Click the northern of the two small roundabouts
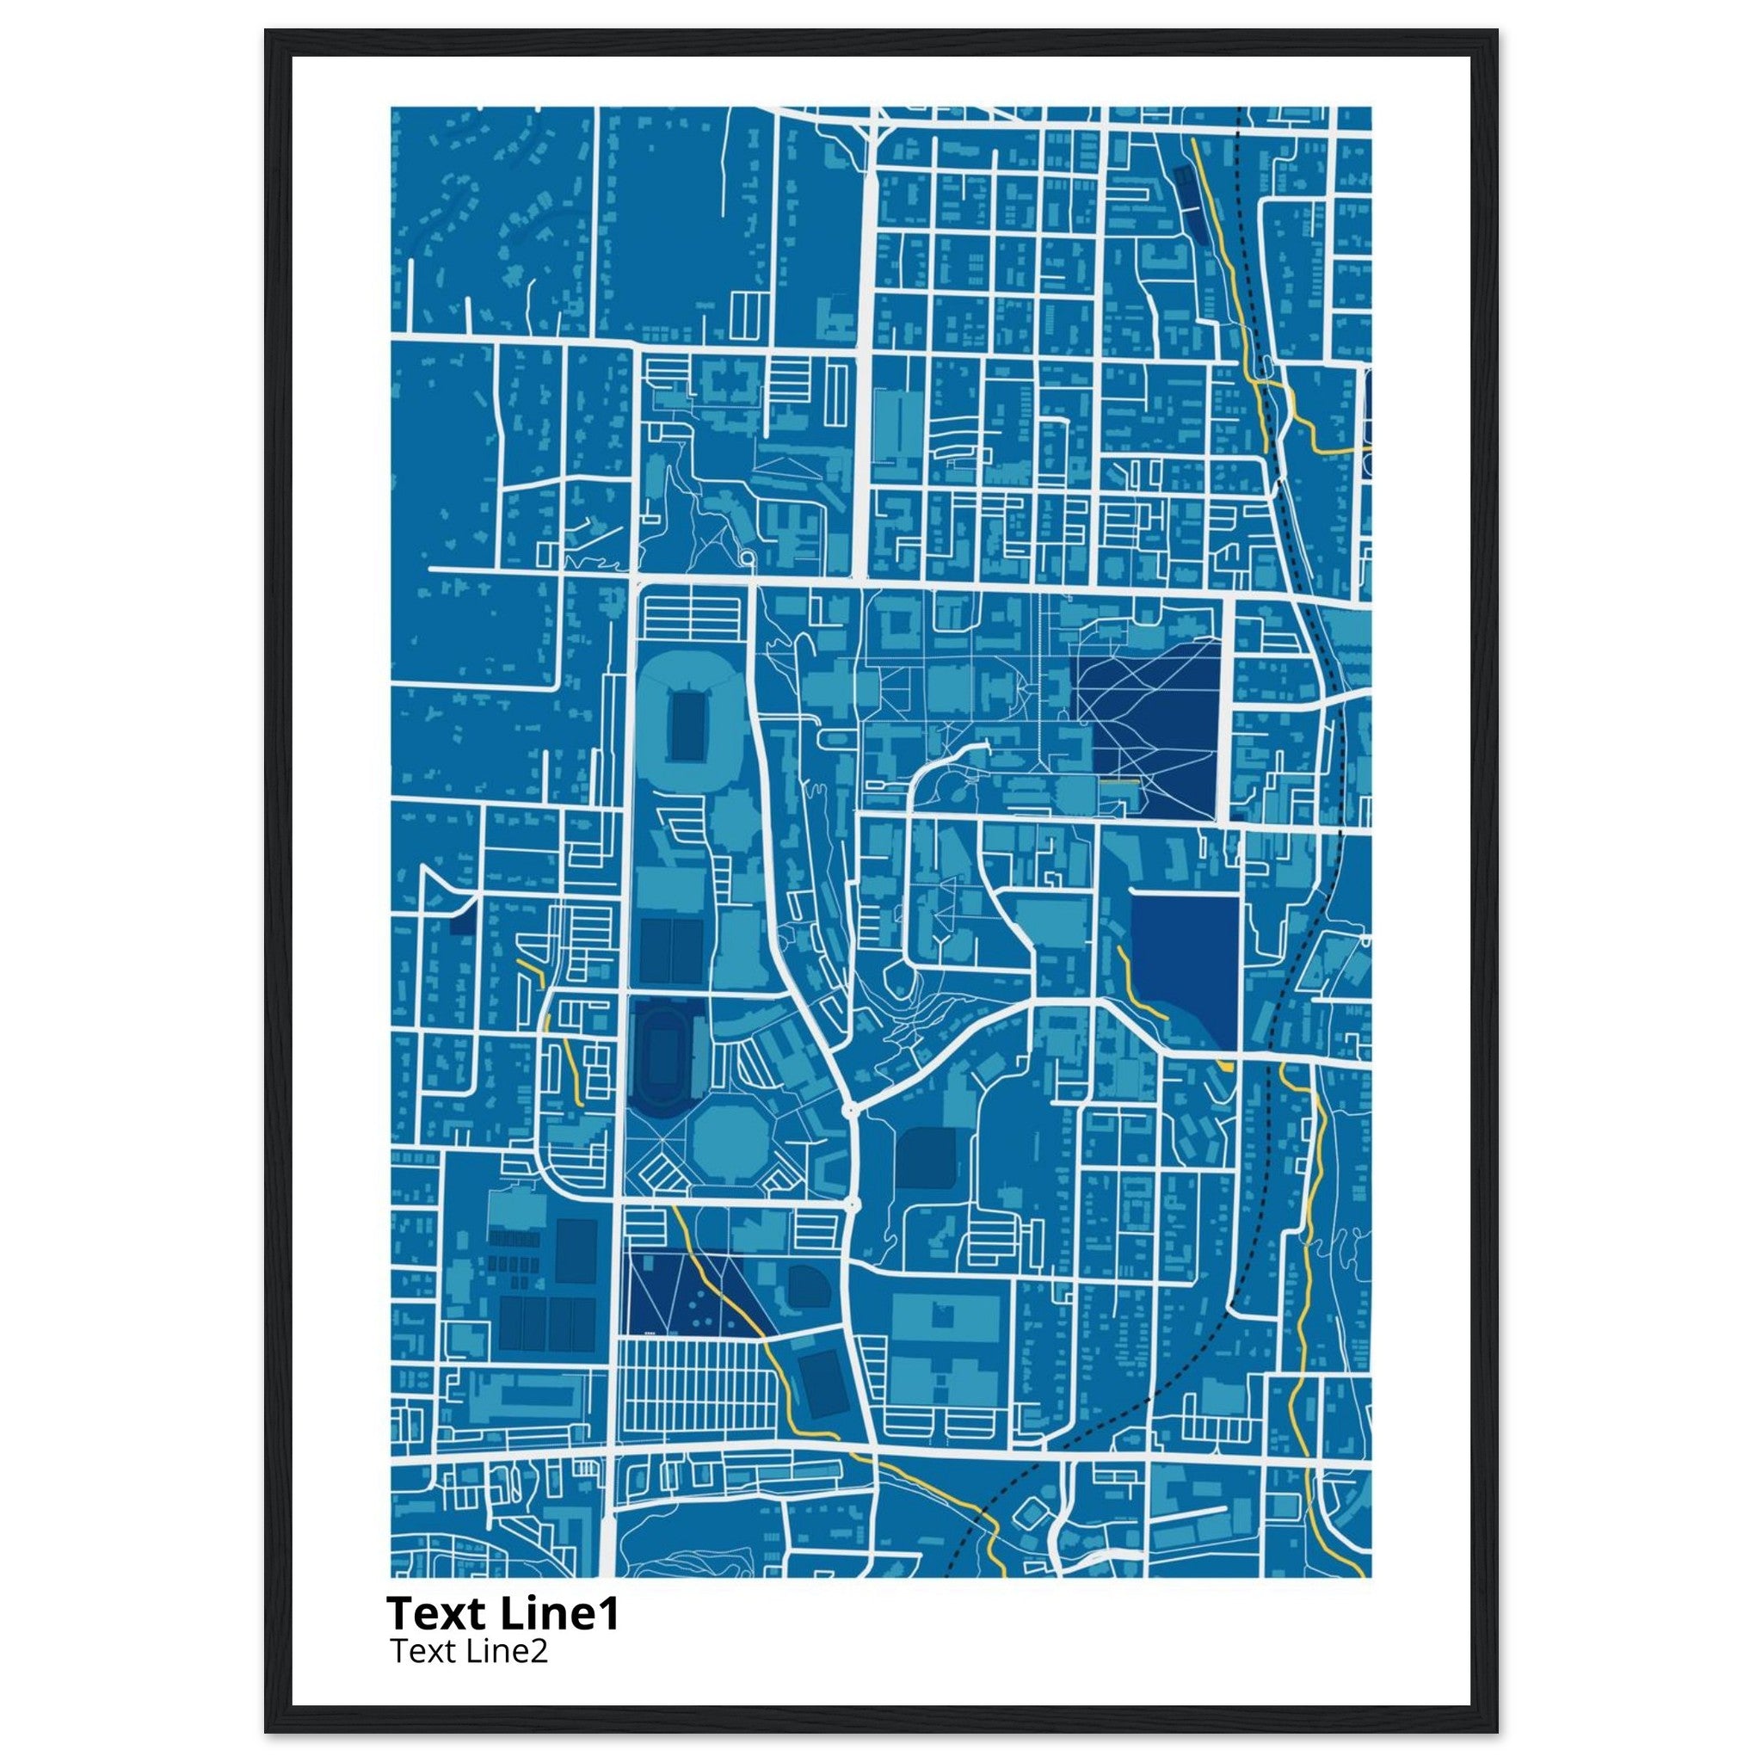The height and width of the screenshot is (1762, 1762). [851, 1110]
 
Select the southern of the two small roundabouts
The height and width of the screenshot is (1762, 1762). [853, 1204]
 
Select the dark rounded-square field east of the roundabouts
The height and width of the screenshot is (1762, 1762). [926, 1156]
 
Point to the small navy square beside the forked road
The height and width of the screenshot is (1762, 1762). [462, 923]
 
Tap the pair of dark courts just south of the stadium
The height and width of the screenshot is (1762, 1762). [669, 951]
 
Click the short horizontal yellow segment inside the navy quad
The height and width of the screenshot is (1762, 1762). [1119, 781]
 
